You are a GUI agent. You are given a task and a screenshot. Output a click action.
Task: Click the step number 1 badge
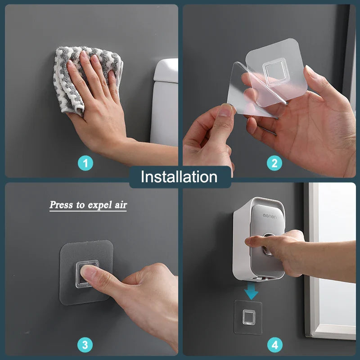85,163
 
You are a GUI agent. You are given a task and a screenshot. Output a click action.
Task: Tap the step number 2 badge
274,163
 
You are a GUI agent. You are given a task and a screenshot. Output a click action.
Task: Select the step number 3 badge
85,345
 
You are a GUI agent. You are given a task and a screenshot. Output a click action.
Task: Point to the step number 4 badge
274,345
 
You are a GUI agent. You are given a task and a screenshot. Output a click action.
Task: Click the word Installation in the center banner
179,176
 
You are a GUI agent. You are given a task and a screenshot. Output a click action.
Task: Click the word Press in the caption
61,205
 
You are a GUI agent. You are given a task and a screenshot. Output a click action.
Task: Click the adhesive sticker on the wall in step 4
248,317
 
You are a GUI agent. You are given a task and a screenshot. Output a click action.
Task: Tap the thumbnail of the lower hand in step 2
225,111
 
